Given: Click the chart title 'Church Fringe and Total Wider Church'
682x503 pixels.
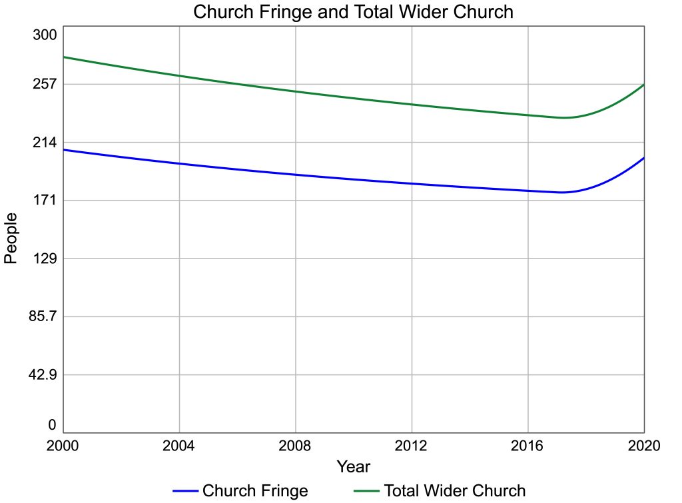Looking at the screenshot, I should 353,12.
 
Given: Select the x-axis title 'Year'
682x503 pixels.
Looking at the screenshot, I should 353,466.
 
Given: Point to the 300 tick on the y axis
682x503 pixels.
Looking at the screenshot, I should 45,35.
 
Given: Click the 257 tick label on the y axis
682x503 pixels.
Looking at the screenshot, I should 45,84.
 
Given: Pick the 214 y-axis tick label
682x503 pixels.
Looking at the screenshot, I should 45,142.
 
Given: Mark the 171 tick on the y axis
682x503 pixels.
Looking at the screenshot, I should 45,200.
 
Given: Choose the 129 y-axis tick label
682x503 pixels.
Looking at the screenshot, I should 45,258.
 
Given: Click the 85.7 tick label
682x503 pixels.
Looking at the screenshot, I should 41,316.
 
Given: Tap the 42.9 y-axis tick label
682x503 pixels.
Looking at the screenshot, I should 41,374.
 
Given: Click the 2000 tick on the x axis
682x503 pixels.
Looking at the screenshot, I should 63,446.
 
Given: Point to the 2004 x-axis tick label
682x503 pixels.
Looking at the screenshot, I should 180,446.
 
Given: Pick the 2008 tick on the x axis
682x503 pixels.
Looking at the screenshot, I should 296,446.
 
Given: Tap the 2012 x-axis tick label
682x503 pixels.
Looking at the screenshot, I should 412,446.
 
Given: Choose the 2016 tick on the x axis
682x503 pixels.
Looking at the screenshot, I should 528,446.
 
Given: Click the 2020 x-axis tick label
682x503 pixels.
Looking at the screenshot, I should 643,446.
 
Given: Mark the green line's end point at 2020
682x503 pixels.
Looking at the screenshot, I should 644,85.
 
